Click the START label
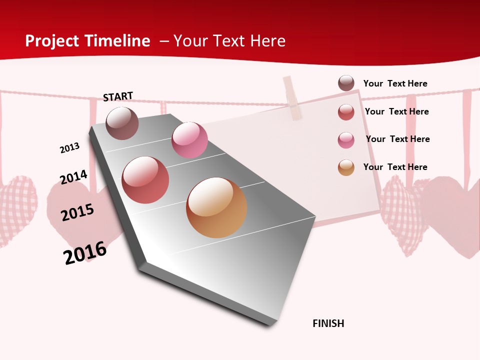(x=118, y=96)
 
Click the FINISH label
(x=328, y=323)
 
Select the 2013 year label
(x=69, y=148)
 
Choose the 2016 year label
(x=85, y=253)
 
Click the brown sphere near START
(x=122, y=123)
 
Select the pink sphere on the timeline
(x=189, y=140)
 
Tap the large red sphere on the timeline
(x=145, y=180)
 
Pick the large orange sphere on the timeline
(x=216, y=207)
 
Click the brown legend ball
(x=346, y=83)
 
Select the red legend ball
(x=346, y=112)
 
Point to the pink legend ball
(x=346, y=140)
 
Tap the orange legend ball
(x=346, y=167)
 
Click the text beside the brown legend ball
(x=395, y=83)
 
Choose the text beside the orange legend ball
(x=395, y=167)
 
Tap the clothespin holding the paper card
(x=292, y=98)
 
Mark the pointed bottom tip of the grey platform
(x=270, y=325)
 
